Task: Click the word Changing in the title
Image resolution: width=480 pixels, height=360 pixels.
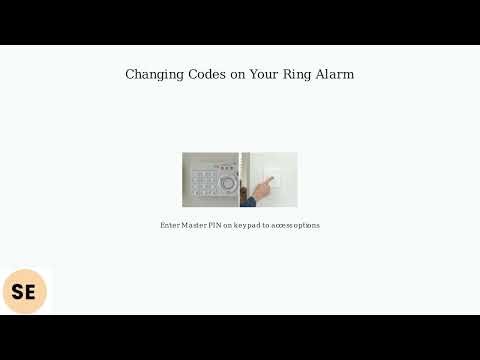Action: tap(153, 74)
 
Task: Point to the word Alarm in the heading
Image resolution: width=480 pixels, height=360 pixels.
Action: tap(334, 74)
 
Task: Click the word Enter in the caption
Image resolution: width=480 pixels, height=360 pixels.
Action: tap(169, 225)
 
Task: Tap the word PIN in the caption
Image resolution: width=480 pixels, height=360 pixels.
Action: tap(215, 225)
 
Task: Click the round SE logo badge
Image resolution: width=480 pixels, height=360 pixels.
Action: tap(24, 292)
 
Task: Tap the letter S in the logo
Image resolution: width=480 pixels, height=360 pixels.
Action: tap(17, 292)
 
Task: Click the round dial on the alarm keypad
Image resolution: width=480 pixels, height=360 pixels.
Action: tap(229, 186)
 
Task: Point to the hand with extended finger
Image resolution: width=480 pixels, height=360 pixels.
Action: tap(265, 184)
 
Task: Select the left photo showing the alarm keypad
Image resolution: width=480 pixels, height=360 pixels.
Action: tap(210, 179)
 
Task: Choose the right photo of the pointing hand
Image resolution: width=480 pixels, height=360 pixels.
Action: tap(269, 179)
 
